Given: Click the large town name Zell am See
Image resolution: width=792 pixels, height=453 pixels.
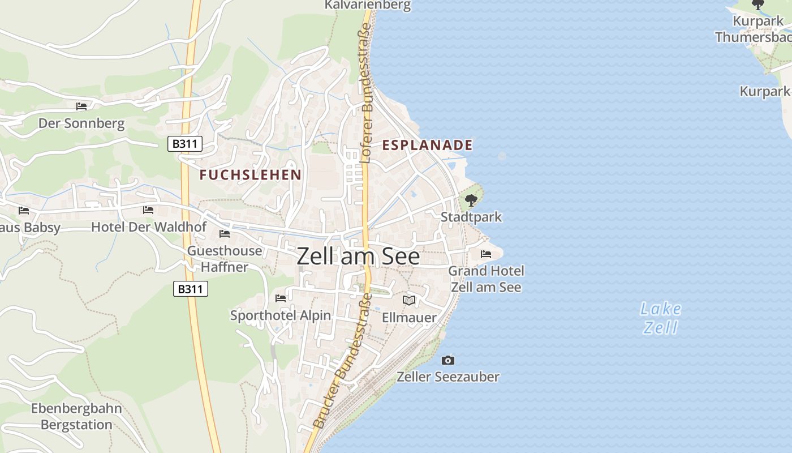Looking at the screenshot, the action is point(358,257).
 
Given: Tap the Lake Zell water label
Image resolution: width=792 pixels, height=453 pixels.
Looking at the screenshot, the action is point(661,318).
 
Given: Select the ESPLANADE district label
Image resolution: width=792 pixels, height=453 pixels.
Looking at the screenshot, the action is point(427,145).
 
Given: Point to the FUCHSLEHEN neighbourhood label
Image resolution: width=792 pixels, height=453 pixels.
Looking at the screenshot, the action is point(250,174).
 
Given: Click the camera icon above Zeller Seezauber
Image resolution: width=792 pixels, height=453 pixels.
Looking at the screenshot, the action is point(448,360).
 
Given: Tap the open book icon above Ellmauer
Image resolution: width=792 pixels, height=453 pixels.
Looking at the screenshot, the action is point(409,300).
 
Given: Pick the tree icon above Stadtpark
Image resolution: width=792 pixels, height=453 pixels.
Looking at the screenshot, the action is point(471,200).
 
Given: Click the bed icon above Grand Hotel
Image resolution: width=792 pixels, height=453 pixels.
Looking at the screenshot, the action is point(486,254).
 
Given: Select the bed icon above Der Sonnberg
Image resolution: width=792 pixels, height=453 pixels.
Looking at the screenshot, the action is point(81,106).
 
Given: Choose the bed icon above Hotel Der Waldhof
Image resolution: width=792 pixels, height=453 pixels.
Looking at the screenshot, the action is point(148,210).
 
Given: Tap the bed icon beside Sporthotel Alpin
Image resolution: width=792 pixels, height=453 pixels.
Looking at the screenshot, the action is point(281,298).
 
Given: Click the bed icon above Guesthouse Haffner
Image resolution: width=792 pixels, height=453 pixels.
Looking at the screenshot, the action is point(225,234).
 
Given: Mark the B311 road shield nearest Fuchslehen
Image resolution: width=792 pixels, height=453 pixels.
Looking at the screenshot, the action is point(185,144).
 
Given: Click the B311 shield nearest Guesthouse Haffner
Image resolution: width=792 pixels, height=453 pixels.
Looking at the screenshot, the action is point(191,289).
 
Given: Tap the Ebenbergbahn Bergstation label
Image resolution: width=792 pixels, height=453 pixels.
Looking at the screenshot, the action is point(76,416).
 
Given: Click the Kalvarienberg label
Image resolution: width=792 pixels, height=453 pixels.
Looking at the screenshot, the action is point(367,5).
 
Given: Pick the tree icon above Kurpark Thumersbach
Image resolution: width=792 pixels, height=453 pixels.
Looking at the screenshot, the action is point(758,5).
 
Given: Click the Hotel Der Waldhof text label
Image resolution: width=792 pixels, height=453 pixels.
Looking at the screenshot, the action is point(149,227).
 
